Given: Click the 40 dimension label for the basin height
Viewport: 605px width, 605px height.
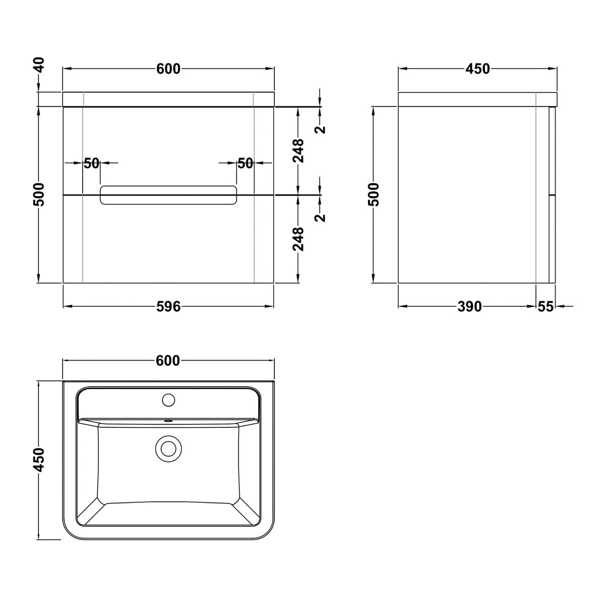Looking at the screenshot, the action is point(40,65).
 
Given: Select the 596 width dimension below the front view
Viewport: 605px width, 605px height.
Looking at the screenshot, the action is point(168,307).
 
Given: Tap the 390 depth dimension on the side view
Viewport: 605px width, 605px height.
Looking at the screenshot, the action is point(469,307).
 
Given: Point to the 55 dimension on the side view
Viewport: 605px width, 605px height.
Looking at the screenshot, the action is point(546,307).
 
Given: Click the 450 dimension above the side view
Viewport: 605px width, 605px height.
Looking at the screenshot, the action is point(477,69).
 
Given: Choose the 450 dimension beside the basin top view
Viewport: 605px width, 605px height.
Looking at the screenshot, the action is point(39,460).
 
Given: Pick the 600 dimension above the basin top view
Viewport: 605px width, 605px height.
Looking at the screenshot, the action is point(168,361).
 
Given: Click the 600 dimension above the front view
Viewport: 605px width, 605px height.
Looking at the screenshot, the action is point(168,69).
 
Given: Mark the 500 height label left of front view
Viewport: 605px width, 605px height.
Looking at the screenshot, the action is point(39,194).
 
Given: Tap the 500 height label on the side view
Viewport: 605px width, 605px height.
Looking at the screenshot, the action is point(374,194).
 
